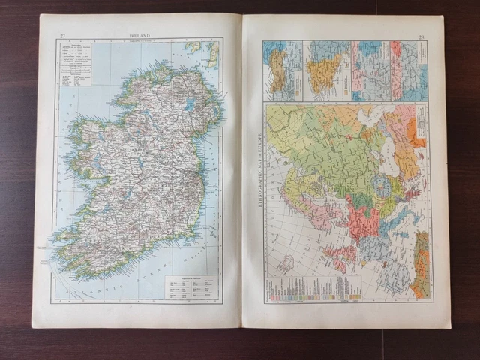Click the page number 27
(63, 34)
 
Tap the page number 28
(421, 36)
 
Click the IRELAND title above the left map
(139, 34)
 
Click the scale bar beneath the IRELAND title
(140, 42)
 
